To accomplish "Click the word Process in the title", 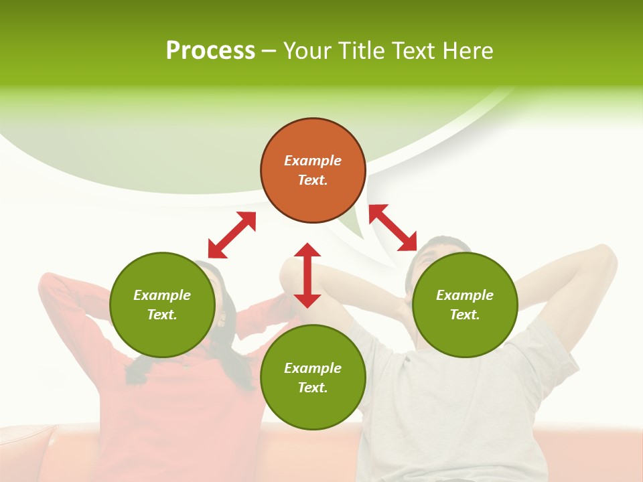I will [x=210, y=51].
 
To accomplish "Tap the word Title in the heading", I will [x=363, y=51].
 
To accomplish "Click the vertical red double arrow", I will [x=307, y=275].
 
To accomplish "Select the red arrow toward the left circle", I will [x=232, y=235].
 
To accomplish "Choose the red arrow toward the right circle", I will [x=392, y=228].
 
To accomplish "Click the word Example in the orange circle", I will [x=313, y=161].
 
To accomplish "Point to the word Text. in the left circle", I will [x=162, y=315].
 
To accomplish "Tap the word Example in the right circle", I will [x=465, y=295].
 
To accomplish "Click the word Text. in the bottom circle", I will [x=313, y=388].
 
